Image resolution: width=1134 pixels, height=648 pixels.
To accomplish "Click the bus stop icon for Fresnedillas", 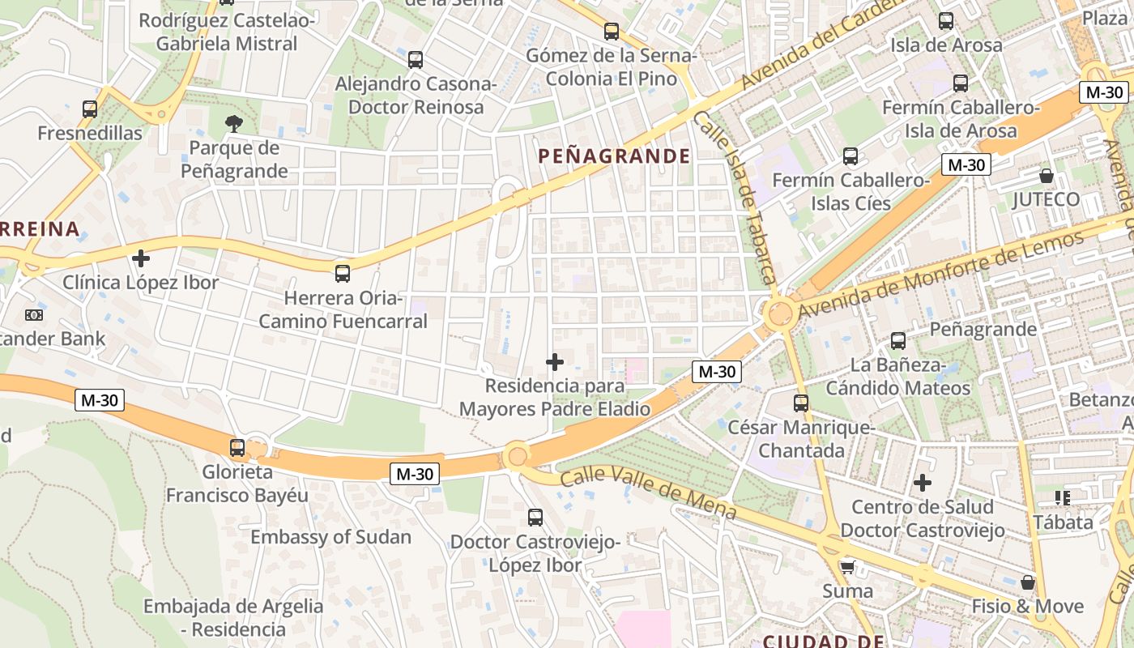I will pyautogui.click(x=90, y=109).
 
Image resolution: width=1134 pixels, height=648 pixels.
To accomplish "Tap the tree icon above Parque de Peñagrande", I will pyautogui.click(x=234, y=124).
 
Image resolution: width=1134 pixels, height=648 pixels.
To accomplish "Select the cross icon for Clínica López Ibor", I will pyautogui.click(x=141, y=258).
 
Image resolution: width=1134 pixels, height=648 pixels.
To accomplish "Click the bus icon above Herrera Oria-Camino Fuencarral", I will pyautogui.click(x=343, y=273).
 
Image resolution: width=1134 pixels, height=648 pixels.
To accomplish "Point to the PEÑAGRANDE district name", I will pyautogui.click(x=615, y=156).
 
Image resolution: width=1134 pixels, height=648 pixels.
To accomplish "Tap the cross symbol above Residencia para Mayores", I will pyautogui.click(x=555, y=361).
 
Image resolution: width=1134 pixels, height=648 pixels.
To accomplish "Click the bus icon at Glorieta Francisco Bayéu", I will pyautogui.click(x=237, y=447).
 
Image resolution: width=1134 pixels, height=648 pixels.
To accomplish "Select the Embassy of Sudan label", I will pyautogui.click(x=330, y=537).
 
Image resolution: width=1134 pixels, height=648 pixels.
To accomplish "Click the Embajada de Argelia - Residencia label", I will pyautogui.click(x=233, y=617).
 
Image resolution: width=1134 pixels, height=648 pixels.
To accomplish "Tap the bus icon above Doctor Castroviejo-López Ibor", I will pyautogui.click(x=535, y=517).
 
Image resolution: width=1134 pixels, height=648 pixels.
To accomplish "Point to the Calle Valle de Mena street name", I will pyautogui.click(x=648, y=494).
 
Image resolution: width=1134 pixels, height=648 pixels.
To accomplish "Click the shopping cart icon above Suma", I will pyautogui.click(x=847, y=566).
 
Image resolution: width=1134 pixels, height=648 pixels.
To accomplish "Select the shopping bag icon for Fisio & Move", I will pyautogui.click(x=1028, y=582).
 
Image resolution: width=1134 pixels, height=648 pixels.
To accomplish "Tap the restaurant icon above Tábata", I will pyautogui.click(x=1063, y=497).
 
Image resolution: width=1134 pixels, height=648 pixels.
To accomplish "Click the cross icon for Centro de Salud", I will pyautogui.click(x=923, y=484).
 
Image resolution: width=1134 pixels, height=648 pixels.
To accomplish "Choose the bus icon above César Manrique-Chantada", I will pyautogui.click(x=801, y=403).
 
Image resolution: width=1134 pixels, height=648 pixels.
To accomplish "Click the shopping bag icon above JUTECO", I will pyautogui.click(x=1047, y=175).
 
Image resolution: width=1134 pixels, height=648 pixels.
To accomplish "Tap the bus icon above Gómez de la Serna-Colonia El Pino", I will pyautogui.click(x=612, y=32).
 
